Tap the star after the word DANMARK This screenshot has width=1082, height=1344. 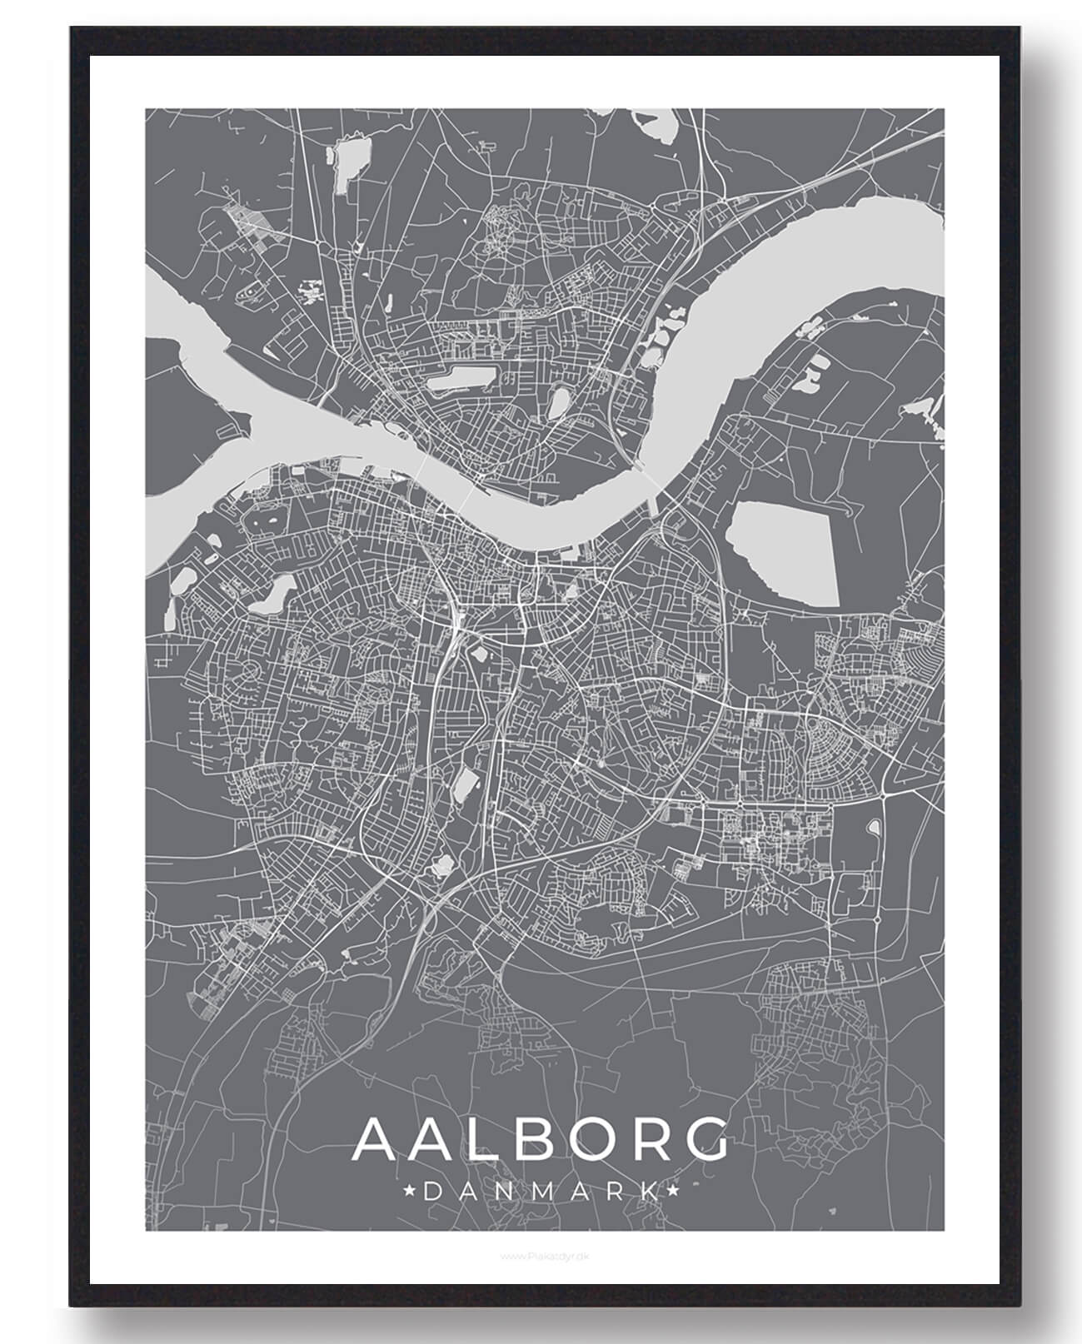672,1192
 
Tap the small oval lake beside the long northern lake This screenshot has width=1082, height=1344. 557,405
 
